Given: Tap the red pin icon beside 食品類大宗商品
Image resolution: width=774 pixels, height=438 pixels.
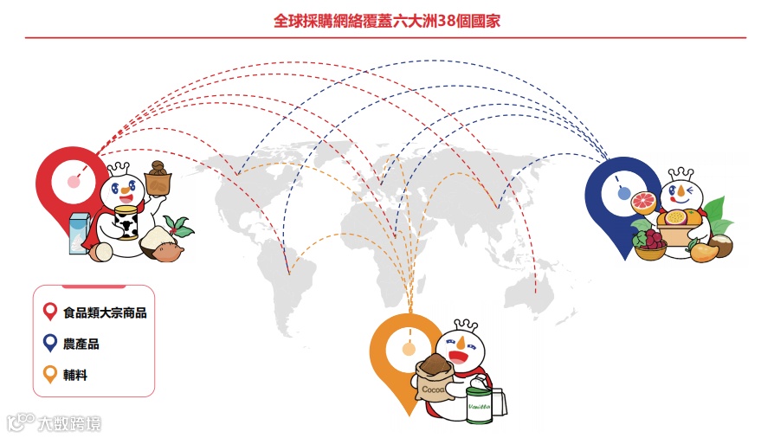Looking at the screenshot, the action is click(49, 312).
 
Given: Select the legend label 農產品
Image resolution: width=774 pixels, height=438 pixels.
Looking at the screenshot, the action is click(81, 344).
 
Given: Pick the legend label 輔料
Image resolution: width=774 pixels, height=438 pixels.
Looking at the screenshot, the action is click(75, 375).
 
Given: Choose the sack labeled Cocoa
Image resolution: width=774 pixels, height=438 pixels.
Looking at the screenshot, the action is click(436, 381).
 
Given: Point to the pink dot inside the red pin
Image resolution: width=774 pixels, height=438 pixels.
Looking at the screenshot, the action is click(72, 182).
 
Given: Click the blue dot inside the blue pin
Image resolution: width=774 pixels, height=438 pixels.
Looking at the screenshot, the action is click(624, 194).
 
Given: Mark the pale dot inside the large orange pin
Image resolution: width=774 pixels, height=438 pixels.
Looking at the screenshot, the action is click(409, 350).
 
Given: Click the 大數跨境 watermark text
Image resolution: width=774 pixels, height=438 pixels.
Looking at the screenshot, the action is click(68, 423).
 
